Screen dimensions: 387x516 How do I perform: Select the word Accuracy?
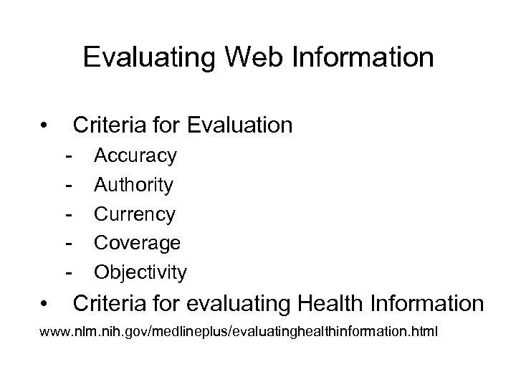pos(135,156)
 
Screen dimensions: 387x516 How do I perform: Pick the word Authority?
pos(134,185)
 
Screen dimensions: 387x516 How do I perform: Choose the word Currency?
pos(134,214)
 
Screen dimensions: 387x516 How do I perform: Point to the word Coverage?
pos(137,244)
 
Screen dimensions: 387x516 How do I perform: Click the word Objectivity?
pos(140,273)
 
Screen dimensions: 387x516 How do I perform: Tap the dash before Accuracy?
pos(69,156)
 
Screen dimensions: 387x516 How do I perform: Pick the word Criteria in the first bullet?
pos(107,125)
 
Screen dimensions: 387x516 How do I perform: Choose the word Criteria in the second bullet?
pos(107,304)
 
